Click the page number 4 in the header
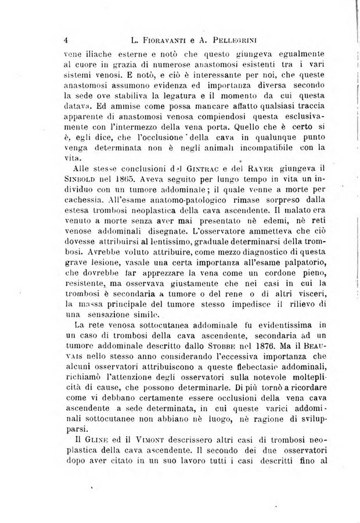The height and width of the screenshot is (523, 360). [67, 41]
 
